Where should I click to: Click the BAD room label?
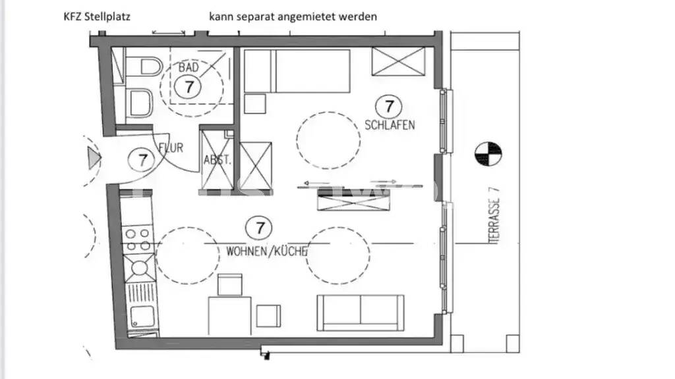point(189,67)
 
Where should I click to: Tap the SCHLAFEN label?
point(390,125)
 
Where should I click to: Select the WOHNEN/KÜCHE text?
point(267,251)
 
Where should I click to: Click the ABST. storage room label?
point(216,159)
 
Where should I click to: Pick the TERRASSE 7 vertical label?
point(496,215)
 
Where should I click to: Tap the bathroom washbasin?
point(140,103)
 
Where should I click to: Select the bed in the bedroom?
point(298,71)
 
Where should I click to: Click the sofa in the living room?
point(360,312)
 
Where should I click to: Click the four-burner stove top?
point(138,239)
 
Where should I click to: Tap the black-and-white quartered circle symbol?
point(488,153)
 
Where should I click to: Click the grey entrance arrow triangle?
point(94,158)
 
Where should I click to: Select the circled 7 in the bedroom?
point(389,105)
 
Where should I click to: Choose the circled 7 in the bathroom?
point(189,87)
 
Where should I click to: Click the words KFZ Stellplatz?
point(96,16)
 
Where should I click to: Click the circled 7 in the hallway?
point(142,159)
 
